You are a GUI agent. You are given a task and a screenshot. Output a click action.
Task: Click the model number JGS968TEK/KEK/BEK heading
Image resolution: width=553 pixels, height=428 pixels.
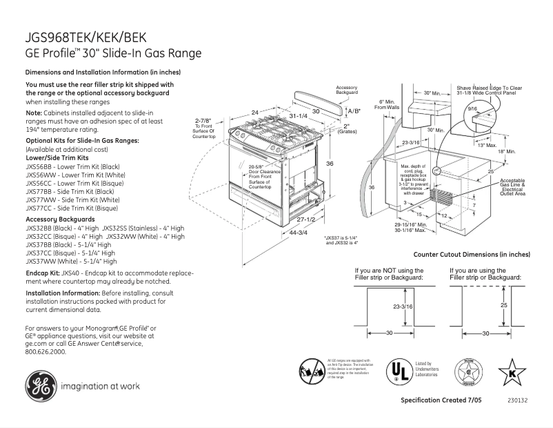click(86, 39)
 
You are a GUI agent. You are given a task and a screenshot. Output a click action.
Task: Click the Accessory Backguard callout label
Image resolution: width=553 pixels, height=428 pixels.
click(346, 90)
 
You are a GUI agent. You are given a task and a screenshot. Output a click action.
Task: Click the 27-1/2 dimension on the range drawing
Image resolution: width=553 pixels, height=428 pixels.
click(305, 219)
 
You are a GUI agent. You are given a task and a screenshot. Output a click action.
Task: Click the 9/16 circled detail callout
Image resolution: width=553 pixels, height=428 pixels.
click(472, 109)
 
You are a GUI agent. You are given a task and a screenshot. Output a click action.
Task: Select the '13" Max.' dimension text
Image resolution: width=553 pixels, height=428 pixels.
click(487, 145)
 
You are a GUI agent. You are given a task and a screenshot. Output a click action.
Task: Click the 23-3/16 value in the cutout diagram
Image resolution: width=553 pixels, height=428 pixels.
click(403, 306)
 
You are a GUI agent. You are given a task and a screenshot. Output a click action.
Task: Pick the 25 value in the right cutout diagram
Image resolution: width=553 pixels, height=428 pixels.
click(504, 304)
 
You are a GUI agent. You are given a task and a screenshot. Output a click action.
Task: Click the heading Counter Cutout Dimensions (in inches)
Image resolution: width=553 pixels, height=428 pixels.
click(481, 255)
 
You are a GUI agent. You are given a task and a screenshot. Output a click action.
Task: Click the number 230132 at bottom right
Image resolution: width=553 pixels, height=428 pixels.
click(517, 401)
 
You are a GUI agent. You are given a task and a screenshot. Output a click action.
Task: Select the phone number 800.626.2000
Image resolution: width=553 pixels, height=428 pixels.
click(45, 351)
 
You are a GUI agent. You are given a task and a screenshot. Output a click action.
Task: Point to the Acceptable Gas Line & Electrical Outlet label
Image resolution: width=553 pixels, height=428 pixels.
click(512, 186)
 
